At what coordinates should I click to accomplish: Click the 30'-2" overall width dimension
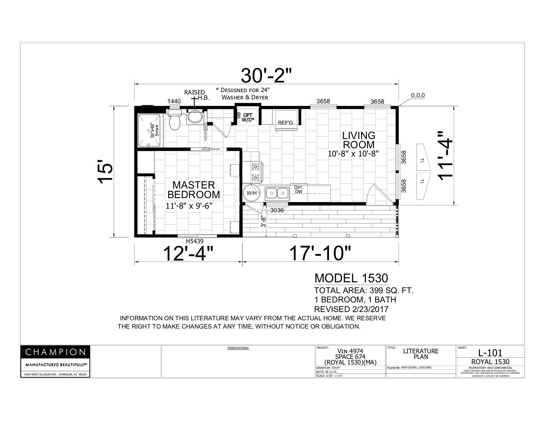pos(266,76)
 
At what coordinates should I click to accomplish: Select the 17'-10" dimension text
pos(320,254)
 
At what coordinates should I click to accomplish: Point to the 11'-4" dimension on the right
pos(446,156)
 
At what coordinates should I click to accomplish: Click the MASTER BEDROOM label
pos(194,190)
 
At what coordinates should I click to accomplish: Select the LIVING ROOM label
pos(359,140)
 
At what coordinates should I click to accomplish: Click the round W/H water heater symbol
pos(251,193)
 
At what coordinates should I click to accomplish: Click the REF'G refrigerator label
pos(285,123)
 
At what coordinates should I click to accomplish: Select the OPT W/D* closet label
pos(248,117)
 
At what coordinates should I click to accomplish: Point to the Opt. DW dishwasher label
pos(299,189)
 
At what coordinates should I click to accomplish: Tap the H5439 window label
pos(197,241)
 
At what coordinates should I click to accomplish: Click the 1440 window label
pos(174,101)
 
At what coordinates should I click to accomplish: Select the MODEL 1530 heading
pos(351,278)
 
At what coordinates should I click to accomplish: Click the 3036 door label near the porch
pos(277,210)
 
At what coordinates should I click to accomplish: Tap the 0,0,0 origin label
pos(418,96)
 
